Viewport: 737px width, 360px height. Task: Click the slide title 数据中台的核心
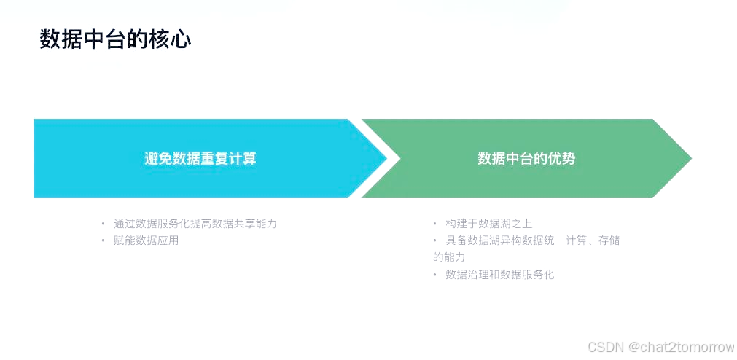tap(115, 39)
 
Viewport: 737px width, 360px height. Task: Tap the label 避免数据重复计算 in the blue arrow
tap(200, 158)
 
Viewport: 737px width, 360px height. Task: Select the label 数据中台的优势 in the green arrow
tap(526, 158)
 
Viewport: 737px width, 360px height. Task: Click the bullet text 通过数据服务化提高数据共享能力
tap(195, 224)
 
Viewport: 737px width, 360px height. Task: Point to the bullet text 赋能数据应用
tap(147, 240)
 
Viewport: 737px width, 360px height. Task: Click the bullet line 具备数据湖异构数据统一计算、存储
tap(532, 240)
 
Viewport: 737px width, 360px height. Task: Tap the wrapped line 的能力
tap(449, 257)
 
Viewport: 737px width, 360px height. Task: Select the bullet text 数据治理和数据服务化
tap(500, 275)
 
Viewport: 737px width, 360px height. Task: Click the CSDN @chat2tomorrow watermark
tap(660, 347)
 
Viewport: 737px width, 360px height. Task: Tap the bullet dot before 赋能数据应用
tap(104, 240)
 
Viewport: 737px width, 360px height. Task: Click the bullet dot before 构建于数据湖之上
tap(435, 224)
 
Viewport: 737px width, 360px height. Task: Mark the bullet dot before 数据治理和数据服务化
tap(435, 275)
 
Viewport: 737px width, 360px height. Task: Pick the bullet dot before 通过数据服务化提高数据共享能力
tap(104, 224)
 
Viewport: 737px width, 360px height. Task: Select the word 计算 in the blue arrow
tap(242, 158)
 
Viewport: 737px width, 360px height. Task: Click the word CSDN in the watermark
tap(604, 347)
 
